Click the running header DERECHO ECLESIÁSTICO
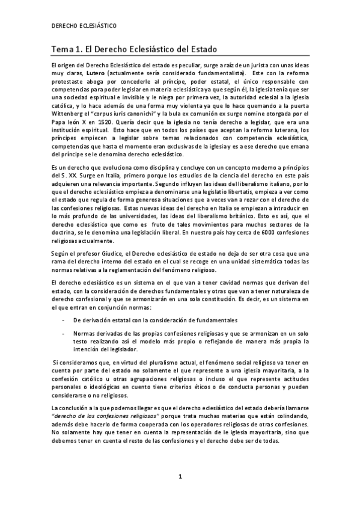pos(84,26)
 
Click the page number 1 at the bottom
pos(179,478)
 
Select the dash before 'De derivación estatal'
pos(64,319)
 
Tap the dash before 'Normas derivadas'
pos(64,333)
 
